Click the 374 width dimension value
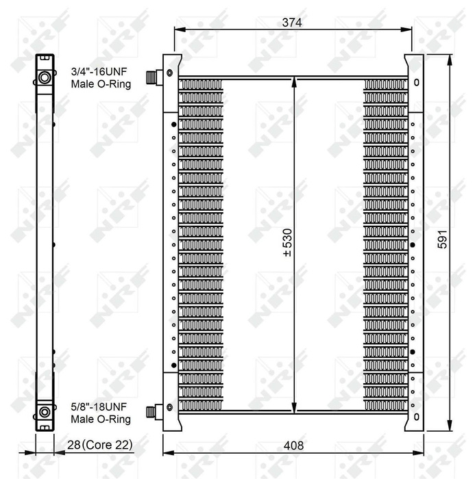pos(293,22)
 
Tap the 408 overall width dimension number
pos(293,445)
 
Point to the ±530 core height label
pos(287,244)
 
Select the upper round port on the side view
pos(45,77)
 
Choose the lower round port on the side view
pos(45,412)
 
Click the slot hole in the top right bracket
pos(417,83)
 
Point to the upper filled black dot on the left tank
pos(173,124)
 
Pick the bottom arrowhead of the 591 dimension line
pos(450,424)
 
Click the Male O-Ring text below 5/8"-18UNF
pos(101,418)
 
